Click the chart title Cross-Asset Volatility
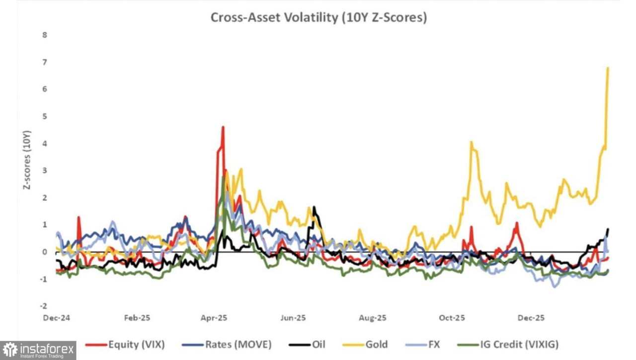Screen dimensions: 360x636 [x=319, y=17]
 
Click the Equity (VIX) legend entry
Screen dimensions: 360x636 [x=125, y=344]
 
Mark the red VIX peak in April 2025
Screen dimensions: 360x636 [x=223, y=127]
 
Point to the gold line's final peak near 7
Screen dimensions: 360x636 [x=608, y=68]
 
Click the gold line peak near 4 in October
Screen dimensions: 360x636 [x=471, y=142]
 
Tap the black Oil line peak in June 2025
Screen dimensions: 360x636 [x=314, y=207]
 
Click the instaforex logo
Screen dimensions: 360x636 [x=38, y=350]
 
